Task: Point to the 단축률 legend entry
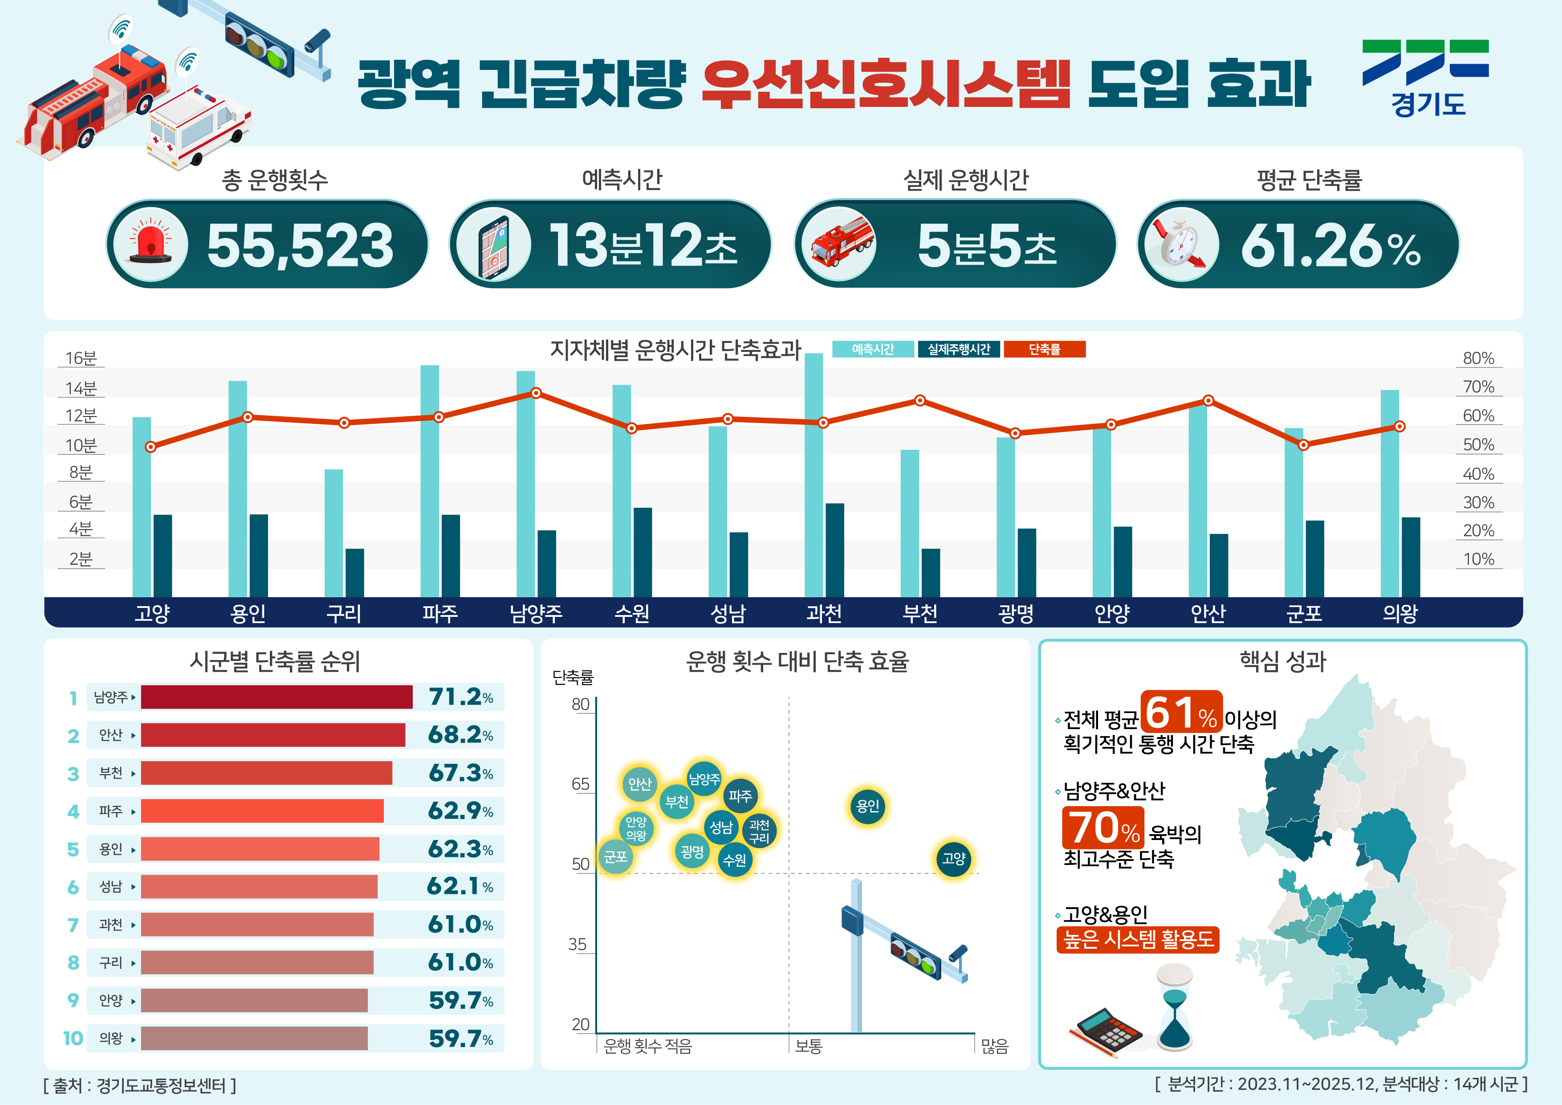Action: point(1044,349)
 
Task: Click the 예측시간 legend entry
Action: point(873,349)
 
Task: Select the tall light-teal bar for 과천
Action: point(814,475)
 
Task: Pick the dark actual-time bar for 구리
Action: point(354,572)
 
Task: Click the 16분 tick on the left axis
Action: point(81,358)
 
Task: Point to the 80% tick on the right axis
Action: point(1478,358)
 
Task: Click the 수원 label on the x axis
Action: point(631,613)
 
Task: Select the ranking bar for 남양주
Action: point(276,697)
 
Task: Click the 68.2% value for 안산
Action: point(460,735)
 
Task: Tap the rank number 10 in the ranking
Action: point(73,1038)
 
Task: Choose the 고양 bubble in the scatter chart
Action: point(953,859)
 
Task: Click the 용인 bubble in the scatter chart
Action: point(867,806)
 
